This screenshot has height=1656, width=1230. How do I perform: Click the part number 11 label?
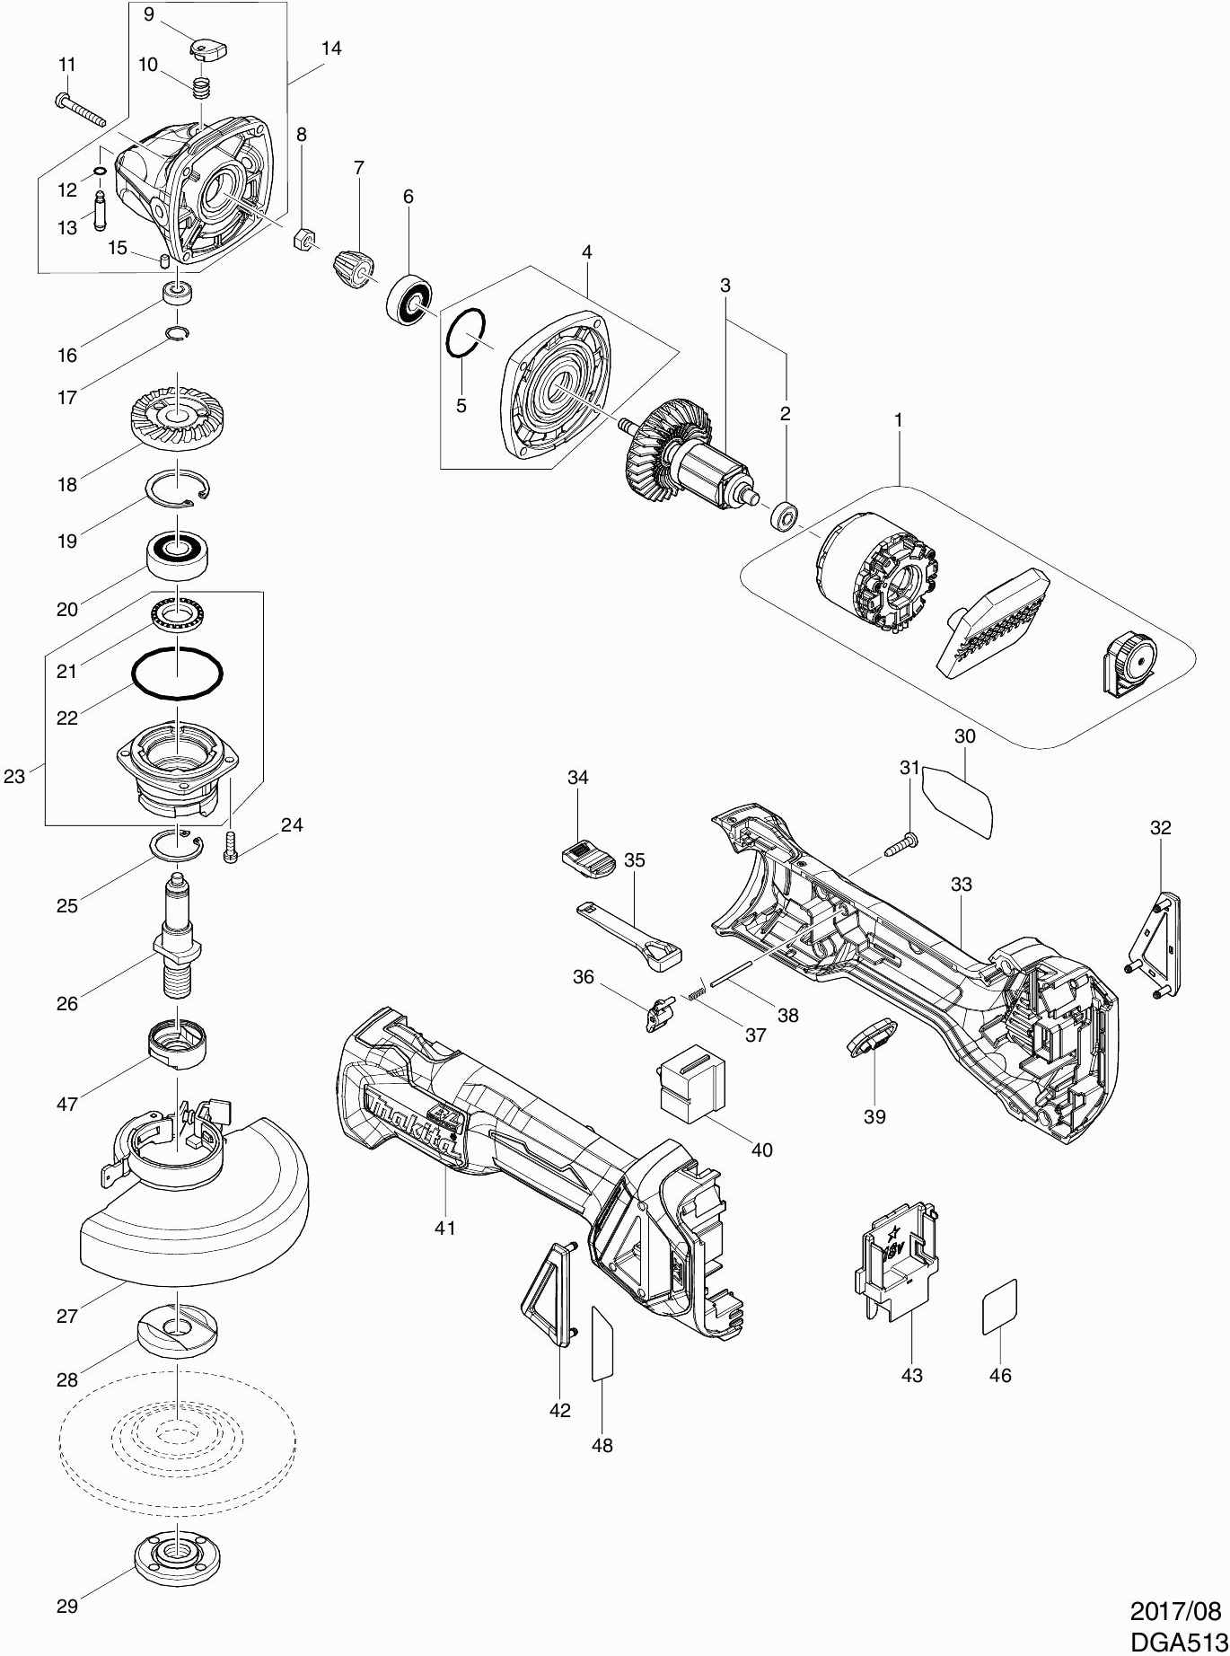[x=67, y=65]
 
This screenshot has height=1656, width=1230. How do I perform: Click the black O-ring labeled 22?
[x=177, y=672]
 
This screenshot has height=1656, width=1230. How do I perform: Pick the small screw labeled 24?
[x=230, y=848]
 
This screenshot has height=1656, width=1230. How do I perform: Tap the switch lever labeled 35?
[x=628, y=935]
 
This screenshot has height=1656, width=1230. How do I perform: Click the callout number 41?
[x=445, y=1227]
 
